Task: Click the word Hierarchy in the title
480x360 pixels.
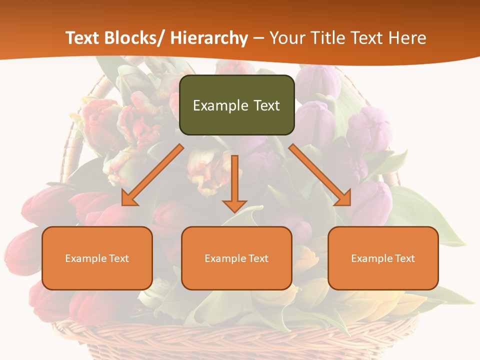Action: (209, 38)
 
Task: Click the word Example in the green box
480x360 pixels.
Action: (220, 105)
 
